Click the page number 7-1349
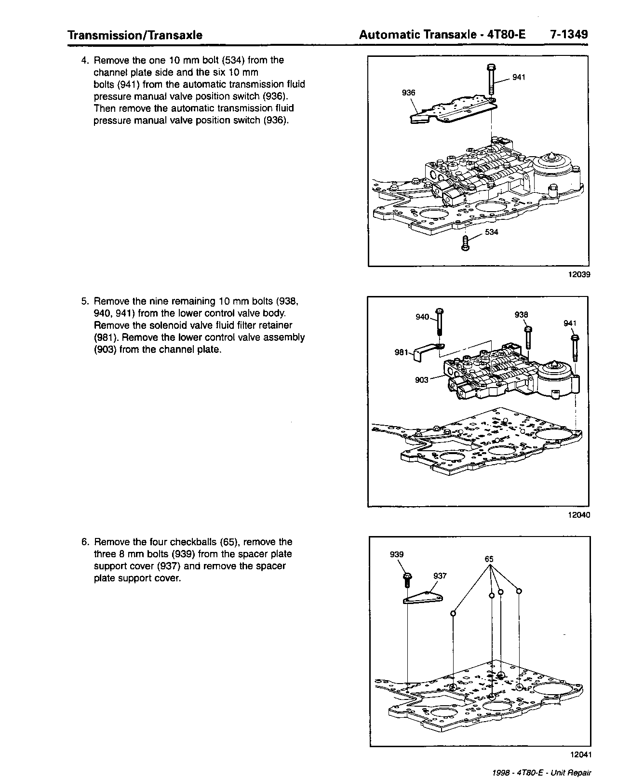pyautogui.click(x=568, y=35)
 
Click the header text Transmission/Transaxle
pyautogui.click(x=135, y=35)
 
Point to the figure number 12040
pyautogui.click(x=578, y=514)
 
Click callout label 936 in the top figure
pyautogui.click(x=408, y=93)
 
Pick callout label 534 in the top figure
pyautogui.click(x=491, y=232)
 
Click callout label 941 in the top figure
pyautogui.click(x=519, y=77)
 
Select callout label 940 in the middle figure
pyautogui.click(x=422, y=317)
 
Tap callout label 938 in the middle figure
pyautogui.click(x=521, y=314)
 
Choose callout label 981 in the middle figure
pyautogui.click(x=402, y=352)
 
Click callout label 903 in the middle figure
pyautogui.click(x=421, y=379)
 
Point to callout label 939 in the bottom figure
pyautogui.click(x=397, y=554)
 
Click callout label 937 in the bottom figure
pyautogui.click(x=440, y=576)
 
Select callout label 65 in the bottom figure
pyautogui.click(x=489, y=559)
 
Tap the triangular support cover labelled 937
pyautogui.click(x=423, y=598)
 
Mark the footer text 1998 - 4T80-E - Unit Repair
pyautogui.click(x=542, y=773)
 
